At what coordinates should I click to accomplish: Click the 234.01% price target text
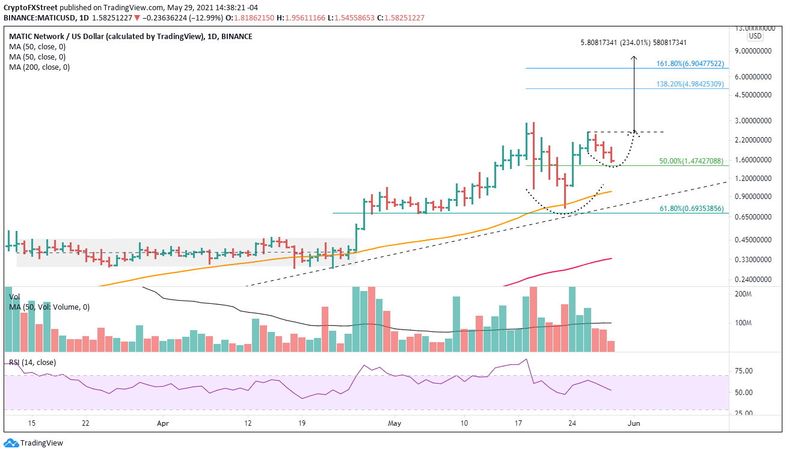click(x=633, y=43)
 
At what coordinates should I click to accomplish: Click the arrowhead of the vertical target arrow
click(x=633, y=58)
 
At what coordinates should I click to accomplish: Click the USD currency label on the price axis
click(x=755, y=36)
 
